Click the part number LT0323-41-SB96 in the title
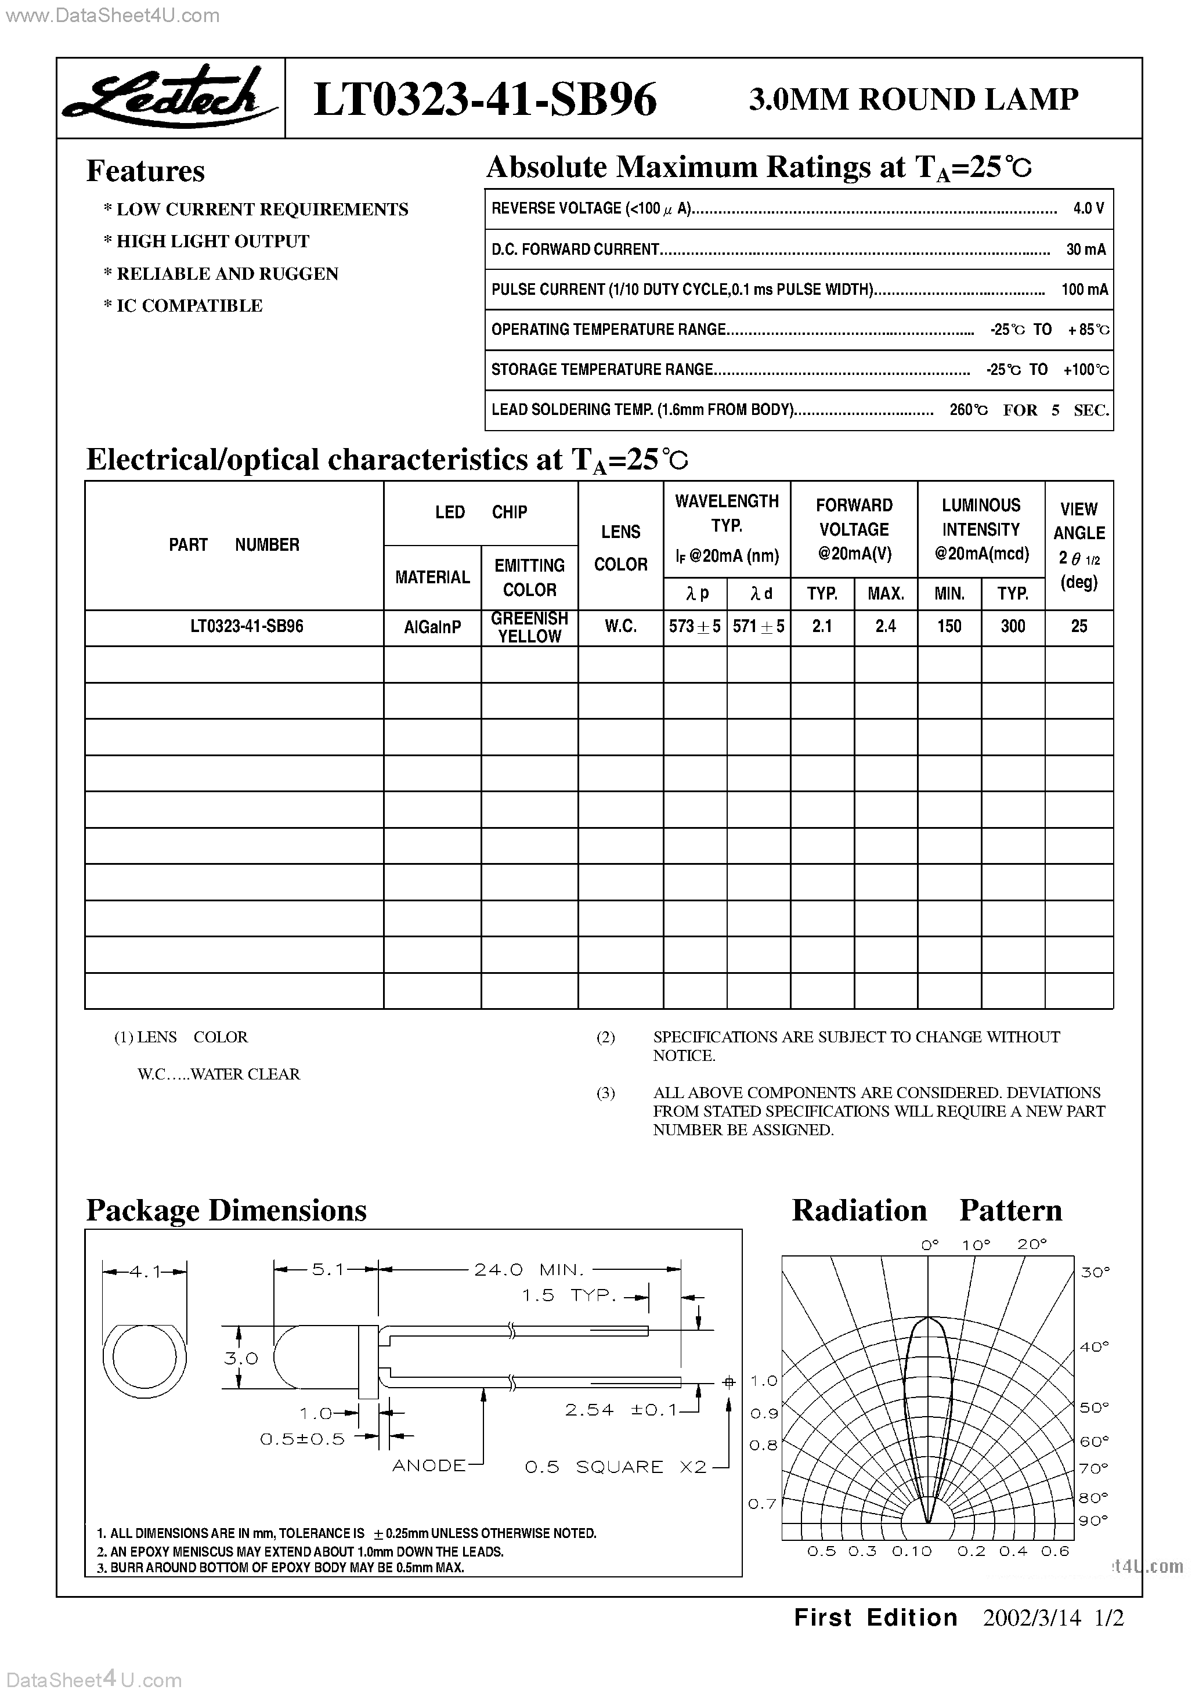[x=485, y=100]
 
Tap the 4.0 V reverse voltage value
[x=1088, y=208]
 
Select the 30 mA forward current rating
[x=1086, y=249]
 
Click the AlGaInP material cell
[x=432, y=627]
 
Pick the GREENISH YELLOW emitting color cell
[x=529, y=627]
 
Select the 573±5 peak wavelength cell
[x=695, y=627]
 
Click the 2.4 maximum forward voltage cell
[x=885, y=627]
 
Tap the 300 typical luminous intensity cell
[x=1013, y=627]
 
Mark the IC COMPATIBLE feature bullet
[x=183, y=306]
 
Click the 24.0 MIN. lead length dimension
[x=529, y=1270]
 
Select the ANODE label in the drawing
[x=429, y=1465]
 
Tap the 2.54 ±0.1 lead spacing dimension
[x=621, y=1410]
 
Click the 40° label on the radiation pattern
[x=1094, y=1346]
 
